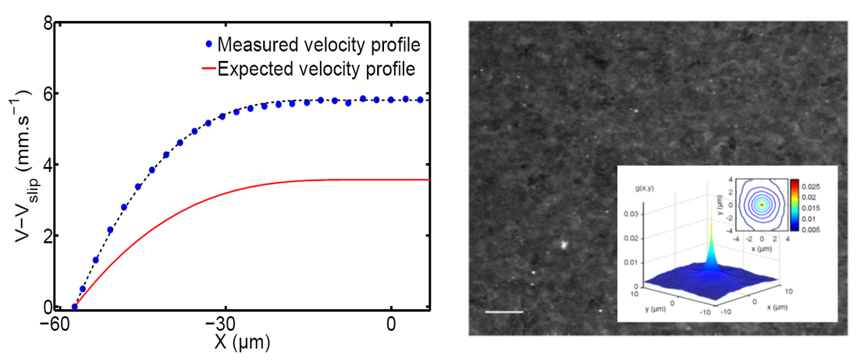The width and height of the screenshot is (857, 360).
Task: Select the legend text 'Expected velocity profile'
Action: (316, 69)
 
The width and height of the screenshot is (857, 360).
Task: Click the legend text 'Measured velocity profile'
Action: (319, 42)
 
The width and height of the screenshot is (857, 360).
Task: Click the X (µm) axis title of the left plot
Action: (241, 341)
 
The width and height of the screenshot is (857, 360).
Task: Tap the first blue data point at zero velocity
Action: (75, 307)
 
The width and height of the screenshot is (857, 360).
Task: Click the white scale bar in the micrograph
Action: (503, 312)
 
